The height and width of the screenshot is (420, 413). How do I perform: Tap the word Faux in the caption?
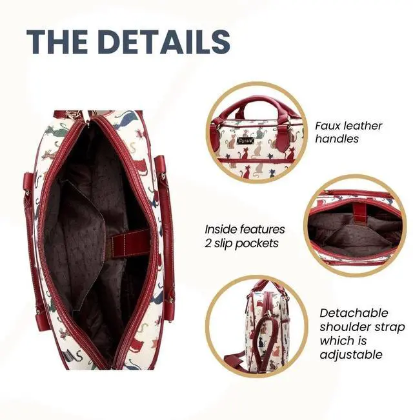point(329,126)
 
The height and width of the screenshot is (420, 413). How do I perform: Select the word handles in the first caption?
point(337,139)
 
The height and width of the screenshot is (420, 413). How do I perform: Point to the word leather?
point(364,126)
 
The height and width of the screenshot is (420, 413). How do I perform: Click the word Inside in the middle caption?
point(222,230)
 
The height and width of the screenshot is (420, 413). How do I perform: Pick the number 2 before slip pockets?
point(208,243)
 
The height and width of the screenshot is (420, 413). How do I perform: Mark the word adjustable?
point(351,354)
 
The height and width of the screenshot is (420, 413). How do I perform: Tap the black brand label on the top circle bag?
point(261,139)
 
